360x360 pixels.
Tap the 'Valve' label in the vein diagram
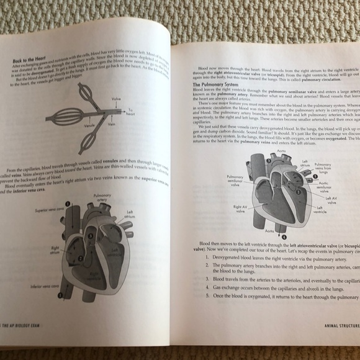click(x=116, y=99)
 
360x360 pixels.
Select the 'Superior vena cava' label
click(x=50, y=211)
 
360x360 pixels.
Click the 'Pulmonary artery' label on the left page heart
click(x=102, y=197)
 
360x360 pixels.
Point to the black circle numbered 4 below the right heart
click(x=282, y=236)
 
